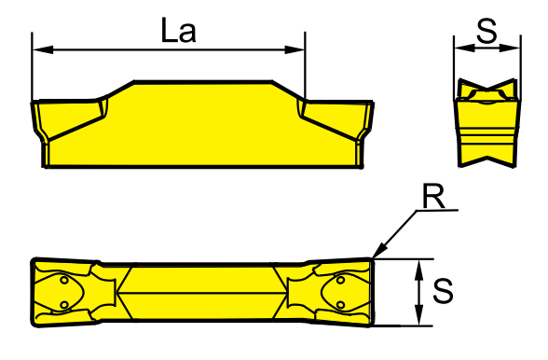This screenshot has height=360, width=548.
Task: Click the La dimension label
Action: click(x=179, y=30)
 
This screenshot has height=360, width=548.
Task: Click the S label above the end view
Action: click(x=486, y=31)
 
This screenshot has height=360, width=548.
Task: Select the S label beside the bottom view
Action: click(x=443, y=291)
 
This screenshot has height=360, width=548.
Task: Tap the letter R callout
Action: click(x=433, y=196)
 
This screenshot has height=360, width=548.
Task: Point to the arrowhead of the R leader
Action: click(x=379, y=251)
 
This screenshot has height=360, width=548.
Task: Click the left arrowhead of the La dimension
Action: click(x=43, y=49)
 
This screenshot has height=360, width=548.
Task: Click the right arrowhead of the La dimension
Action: click(x=295, y=49)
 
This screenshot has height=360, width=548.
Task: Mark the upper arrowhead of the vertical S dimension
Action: click(x=419, y=270)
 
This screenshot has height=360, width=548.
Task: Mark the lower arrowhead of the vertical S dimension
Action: click(x=419, y=315)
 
